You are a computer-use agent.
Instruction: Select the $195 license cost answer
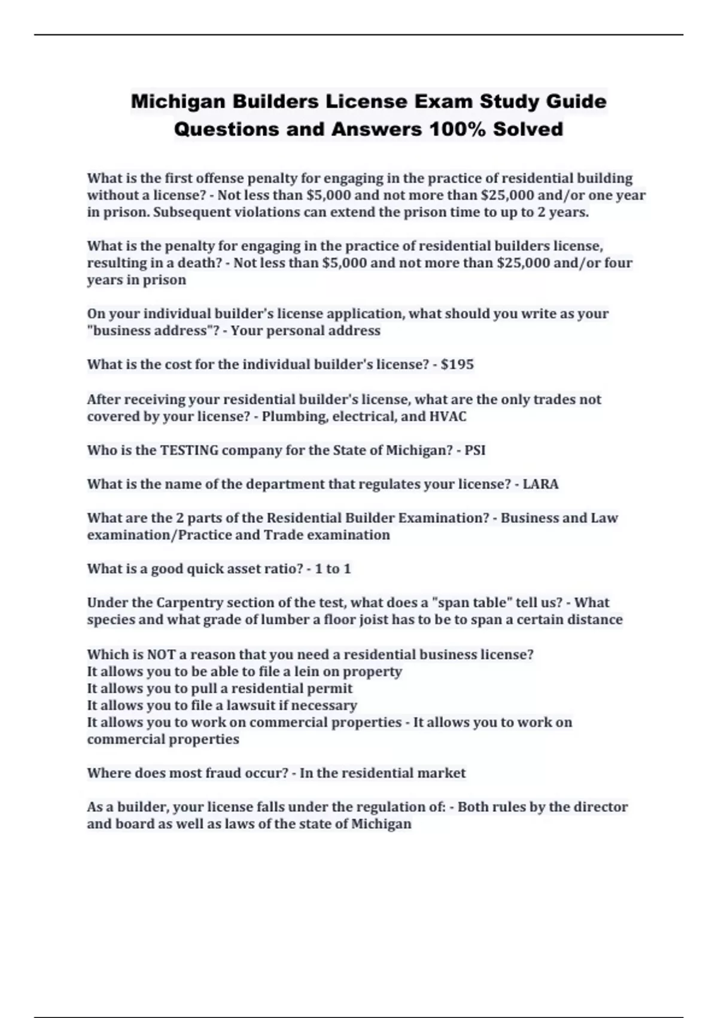click(x=457, y=364)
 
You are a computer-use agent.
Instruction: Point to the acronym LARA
click(x=540, y=484)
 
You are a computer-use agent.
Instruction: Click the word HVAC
click(x=448, y=416)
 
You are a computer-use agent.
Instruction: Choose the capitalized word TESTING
click(x=190, y=450)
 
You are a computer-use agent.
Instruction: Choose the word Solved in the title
click(x=528, y=129)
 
